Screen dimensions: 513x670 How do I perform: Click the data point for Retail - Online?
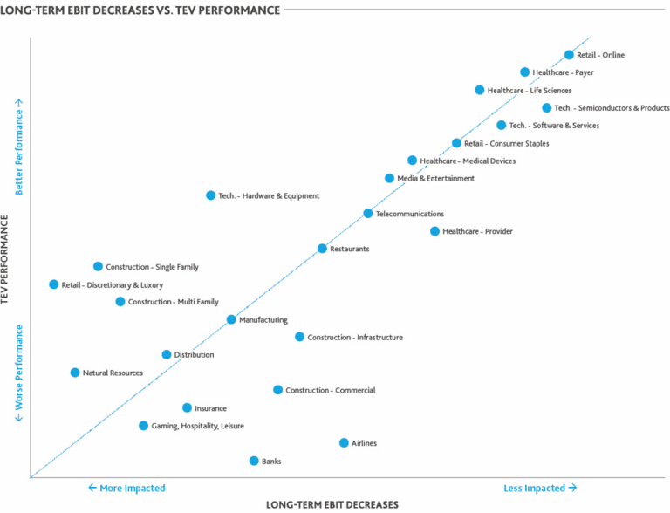click(570, 55)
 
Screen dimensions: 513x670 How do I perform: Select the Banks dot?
click(254, 461)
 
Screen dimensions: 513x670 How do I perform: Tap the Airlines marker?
click(344, 443)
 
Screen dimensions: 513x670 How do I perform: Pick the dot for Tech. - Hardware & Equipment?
click(210, 195)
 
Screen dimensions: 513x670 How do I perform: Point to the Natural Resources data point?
click(75, 373)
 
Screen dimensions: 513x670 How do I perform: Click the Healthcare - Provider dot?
click(434, 231)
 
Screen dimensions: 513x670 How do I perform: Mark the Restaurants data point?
click(322, 249)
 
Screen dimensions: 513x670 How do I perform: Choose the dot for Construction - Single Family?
click(98, 266)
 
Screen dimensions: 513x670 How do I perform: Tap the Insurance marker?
click(187, 407)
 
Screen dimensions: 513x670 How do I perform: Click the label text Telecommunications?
click(409, 214)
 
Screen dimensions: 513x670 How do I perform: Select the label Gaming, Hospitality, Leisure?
click(197, 426)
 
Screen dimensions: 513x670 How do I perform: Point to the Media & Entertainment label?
click(435, 178)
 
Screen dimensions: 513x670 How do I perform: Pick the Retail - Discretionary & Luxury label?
click(112, 284)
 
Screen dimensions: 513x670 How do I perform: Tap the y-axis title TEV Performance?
click(7, 261)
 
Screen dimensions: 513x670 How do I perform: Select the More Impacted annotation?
click(126, 488)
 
